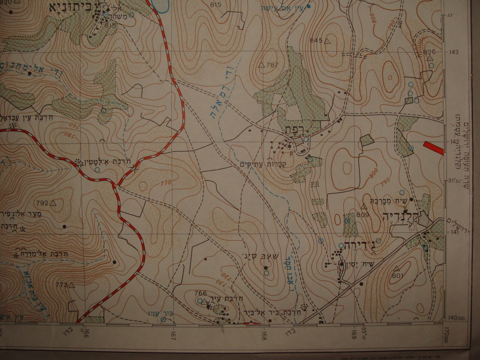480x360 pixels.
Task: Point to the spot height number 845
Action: pyautogui.click(x=316, y=41)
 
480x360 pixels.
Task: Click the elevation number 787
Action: pyautogui.click(x=272, y=65)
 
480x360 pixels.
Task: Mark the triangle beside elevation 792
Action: pyautogui.click(x=52, y=203)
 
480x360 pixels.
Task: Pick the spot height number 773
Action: pyautogui.click(x=62, y=285)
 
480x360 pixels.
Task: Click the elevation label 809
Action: pyautogui.click(x=363, y=215)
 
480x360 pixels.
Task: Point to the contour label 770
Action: pyautogui.click(x=165, y=182)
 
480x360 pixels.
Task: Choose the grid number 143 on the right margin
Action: pyautogui.click(x=454, y=52)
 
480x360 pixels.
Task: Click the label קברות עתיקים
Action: pyautogui.click(x=258, y=164)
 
